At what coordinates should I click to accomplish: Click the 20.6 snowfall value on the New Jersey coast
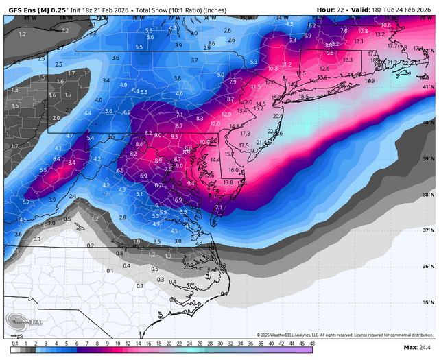tap(278, 117)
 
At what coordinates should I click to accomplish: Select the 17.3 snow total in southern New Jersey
tap(245, 133)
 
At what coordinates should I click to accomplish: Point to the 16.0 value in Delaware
tap(233, 170)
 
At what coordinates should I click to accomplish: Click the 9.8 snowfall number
tap(330, 53)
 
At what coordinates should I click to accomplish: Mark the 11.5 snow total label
tap(257, 87)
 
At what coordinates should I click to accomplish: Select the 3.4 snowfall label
tap(106, 80)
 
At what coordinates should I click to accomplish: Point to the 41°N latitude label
tap(428, 87)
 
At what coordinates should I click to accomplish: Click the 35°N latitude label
tap(428, 302)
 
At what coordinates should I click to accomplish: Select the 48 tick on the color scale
tap(312, 343)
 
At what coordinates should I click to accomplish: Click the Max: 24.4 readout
tap(418, 348)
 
